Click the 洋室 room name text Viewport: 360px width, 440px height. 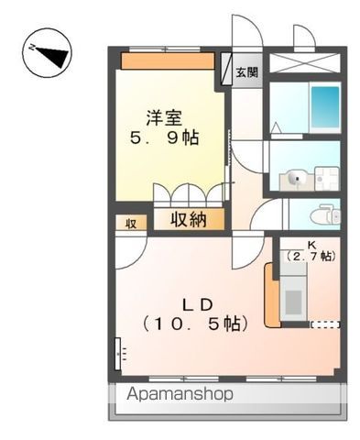(x=166, y=116)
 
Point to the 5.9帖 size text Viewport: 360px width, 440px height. (x=166, y=138)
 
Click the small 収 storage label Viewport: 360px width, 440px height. (x=131, y=223)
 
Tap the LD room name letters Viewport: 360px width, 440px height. (x=195, y=303)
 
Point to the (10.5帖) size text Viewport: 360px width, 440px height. (x=194, y=324)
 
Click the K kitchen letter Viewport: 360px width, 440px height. (x=311, y=245)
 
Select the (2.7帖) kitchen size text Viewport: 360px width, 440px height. (x=311, y=257)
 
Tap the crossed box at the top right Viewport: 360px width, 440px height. (x=305, y=65)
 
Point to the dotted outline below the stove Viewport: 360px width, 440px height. (x=324, y=324)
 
